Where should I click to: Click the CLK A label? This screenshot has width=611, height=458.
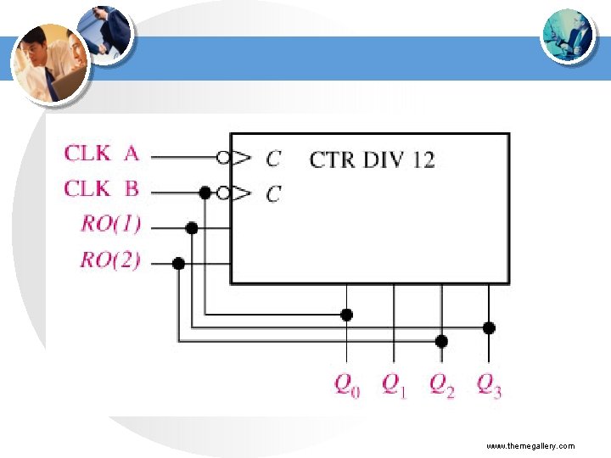pyautogui.click(x=102, y=154)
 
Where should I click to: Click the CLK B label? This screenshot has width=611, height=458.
pyautogui.click(x=102, y=189)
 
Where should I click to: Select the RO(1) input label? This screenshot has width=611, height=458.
pyautogui.click(x=111, y=225)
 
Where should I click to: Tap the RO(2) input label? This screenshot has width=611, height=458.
pyautogui.click(x=111, y=260)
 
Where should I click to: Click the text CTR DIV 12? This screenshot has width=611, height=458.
pyautogui.click(x=372, y=159)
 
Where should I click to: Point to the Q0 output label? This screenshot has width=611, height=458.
pyautogui.click(x=346, y=386)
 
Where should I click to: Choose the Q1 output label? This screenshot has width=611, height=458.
pyautogui.click(x=394, y=386)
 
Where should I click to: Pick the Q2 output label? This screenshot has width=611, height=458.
pyautogui.click(x=441, y=386)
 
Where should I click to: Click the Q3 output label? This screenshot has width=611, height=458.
pyautogui.click(x=489, y=386)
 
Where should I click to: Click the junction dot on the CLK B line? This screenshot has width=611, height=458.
pyautogui.click(x=205, y=193)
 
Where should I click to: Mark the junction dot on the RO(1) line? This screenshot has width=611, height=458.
pyautogui.click(x=192, y=227)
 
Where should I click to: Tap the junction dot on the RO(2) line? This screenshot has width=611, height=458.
pyautogui.click(x=178, y=264)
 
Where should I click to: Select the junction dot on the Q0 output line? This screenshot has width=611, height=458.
pyautogui.click(x=346, y=315)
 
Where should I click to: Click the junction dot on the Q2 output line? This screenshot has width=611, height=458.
pyautogui.click(x=441, y=341)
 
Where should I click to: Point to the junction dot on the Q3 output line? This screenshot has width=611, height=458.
pyautogui.click(x=489, y=327)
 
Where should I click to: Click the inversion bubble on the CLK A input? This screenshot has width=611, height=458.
pyautogui.click(x=223, y=157)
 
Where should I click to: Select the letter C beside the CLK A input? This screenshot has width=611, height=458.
pyautogui.click(x=272, y=159)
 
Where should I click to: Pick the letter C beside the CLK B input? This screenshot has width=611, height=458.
pyautogui.click(x=272, y=194)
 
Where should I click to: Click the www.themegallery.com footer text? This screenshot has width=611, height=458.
pyautogui.click(x=530, y=446)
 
